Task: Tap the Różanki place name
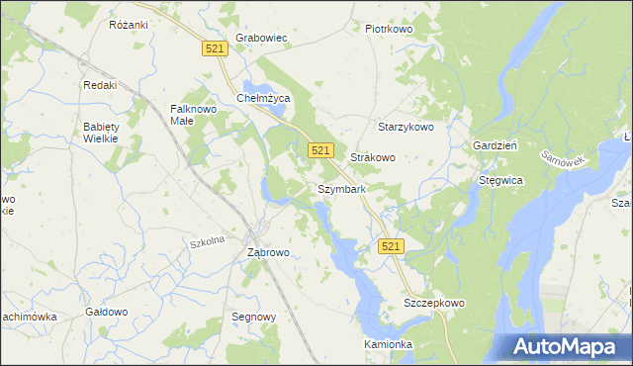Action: [x=128, y=25]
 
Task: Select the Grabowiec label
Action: [x=261, y=40]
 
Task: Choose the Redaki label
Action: [x=100, y=85]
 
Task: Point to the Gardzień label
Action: [x=497, y=144]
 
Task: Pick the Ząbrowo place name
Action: [x=267, y=252]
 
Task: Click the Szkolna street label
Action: [x=208, y=241]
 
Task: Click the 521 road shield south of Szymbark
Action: [x=391, y=245]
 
